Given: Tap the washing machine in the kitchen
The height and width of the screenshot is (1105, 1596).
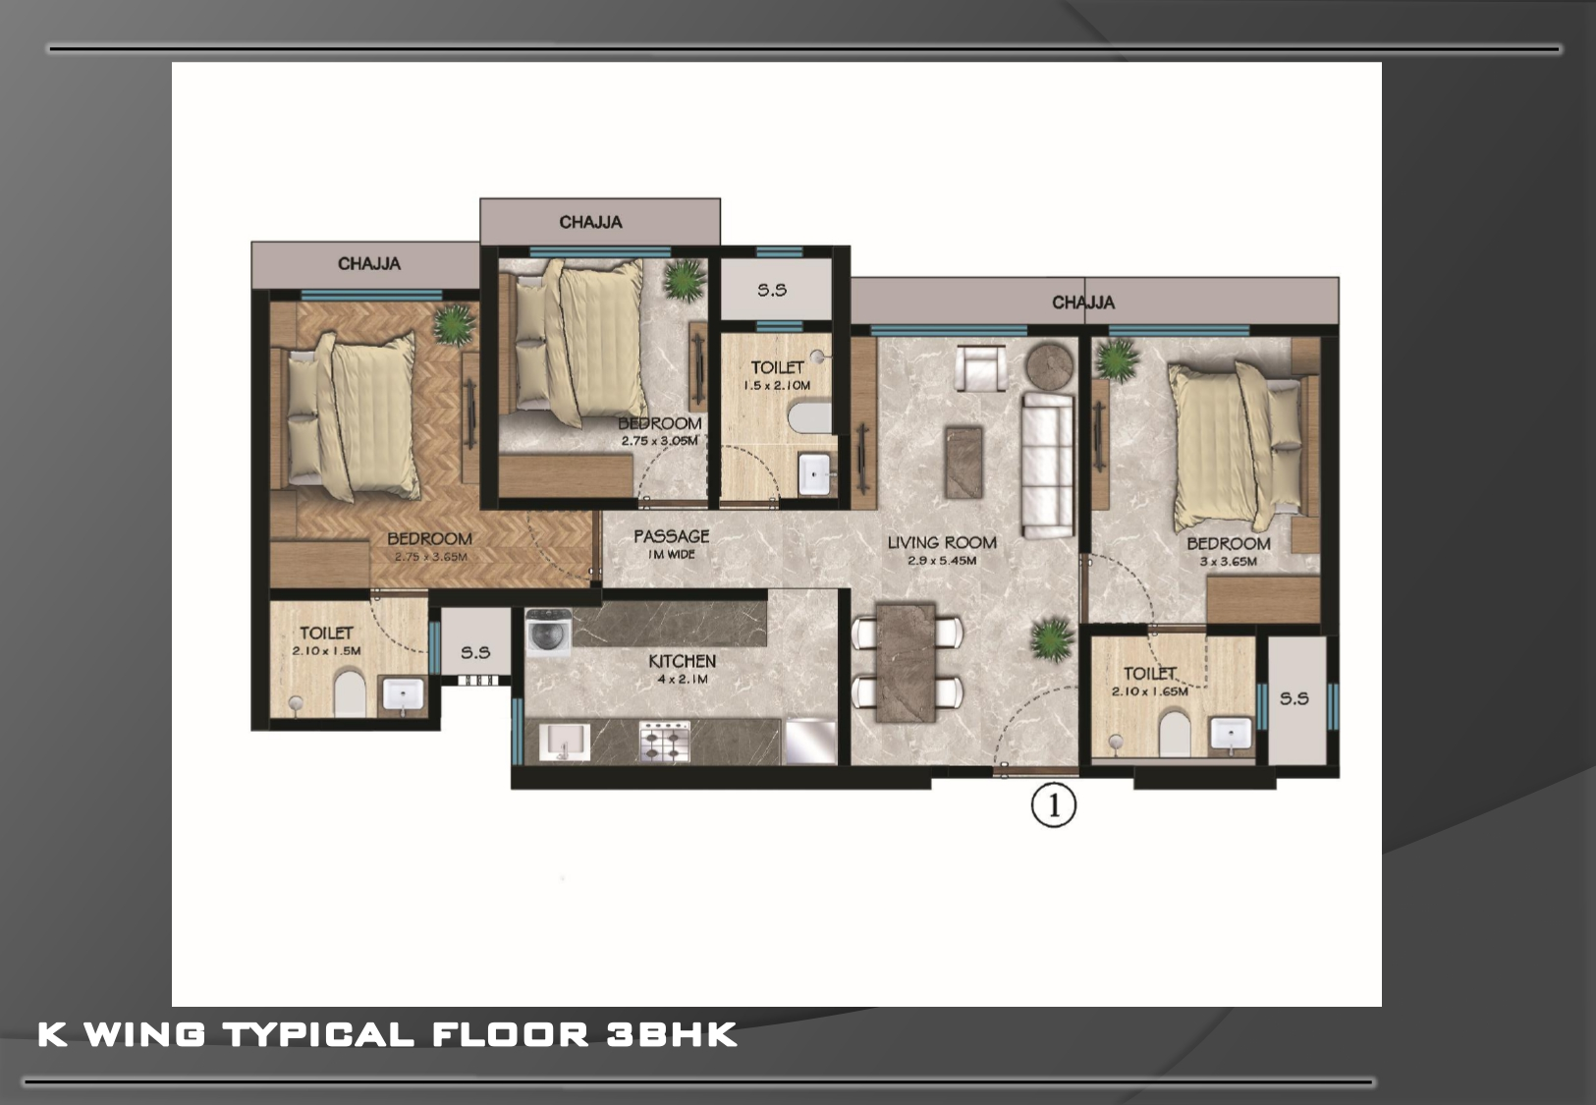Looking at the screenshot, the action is point(549,630).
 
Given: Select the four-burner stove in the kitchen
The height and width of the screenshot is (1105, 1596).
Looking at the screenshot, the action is point(664,742).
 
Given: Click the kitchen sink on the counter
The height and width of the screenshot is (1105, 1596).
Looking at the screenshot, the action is point(565,743).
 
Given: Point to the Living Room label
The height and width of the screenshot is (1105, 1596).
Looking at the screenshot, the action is point(942,542).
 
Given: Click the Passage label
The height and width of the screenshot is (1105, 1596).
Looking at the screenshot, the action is point(671,535).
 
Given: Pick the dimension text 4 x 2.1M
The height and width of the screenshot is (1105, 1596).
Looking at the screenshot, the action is point(683,679).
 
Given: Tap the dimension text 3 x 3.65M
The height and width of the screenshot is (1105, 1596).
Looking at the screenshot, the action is point(1229,561).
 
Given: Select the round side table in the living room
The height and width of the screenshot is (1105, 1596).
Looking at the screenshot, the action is point(1050,366).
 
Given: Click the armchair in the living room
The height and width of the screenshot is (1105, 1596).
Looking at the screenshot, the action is point(981,367).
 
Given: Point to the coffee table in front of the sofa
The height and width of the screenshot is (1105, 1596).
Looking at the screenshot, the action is point(963,463).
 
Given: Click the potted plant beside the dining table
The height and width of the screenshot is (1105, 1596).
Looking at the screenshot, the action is point(1052,639).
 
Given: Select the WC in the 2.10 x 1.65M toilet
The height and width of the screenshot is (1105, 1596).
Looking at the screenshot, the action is point(1175,734).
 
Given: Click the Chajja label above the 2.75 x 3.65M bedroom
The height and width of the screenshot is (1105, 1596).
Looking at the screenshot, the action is point(369,263).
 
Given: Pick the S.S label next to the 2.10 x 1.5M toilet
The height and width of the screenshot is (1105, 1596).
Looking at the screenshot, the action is point(475,652).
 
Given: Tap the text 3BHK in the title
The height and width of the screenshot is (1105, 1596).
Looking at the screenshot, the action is point(671,1035).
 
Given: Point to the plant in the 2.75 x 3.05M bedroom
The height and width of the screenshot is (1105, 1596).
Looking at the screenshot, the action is point(685,279).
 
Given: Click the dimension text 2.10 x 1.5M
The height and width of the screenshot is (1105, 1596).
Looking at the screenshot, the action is point(326,650).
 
